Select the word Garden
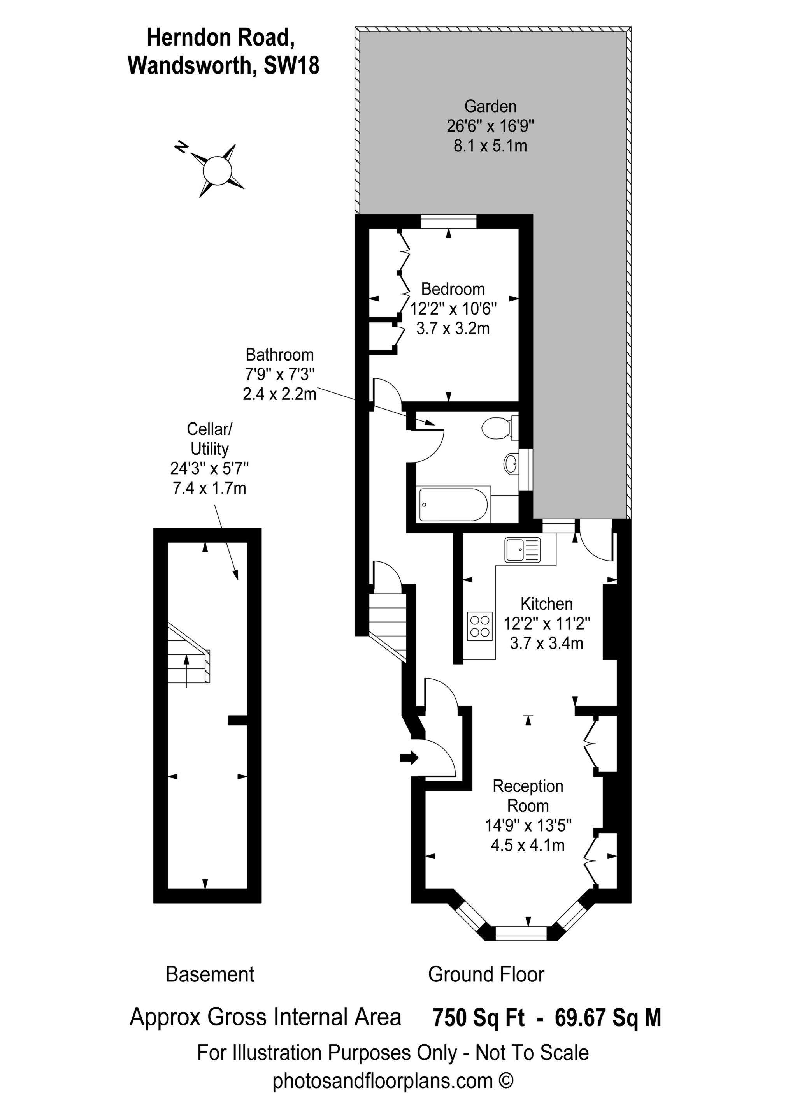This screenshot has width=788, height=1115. [490, 106]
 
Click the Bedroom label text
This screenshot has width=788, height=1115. [453, 289]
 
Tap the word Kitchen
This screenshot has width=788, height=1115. [547, 604]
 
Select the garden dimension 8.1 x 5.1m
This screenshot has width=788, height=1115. [490, 146]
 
